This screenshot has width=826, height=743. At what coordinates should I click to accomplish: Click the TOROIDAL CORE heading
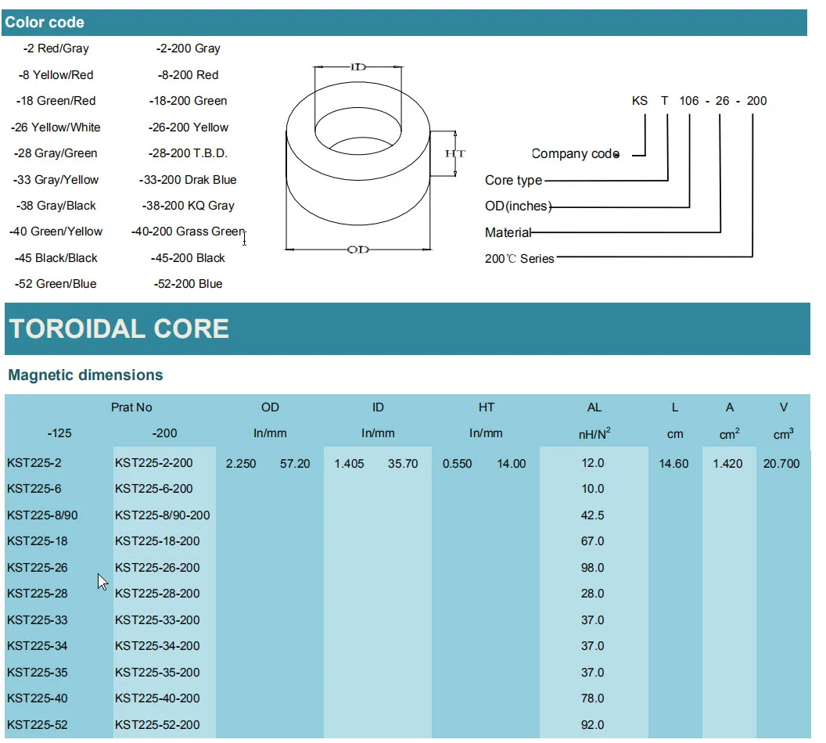119,328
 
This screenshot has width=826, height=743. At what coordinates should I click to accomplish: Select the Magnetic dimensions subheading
85,375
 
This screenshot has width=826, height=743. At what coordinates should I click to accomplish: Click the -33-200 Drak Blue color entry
188,180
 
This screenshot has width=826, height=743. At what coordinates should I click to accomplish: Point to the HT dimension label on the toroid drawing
454,154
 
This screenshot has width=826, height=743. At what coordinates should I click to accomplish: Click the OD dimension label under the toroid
357,249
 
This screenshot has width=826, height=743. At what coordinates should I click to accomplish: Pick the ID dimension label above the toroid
357,67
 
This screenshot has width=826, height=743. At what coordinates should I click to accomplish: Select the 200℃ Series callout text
519,259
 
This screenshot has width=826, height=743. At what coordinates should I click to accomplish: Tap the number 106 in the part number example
689,101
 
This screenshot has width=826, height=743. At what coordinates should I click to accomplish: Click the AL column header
594,407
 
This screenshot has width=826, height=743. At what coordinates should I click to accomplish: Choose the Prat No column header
131,407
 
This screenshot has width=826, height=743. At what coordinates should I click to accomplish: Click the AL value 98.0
593,568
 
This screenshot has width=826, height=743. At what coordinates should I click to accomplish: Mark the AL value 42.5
593,515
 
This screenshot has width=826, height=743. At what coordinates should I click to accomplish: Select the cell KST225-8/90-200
163,515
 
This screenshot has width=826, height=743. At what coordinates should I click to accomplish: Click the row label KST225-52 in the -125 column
38,725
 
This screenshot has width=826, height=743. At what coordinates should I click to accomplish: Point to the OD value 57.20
295,464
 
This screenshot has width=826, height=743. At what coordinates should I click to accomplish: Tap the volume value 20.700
781,464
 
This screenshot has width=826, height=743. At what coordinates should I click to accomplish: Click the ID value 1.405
349,464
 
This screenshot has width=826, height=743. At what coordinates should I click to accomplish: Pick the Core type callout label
513,181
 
